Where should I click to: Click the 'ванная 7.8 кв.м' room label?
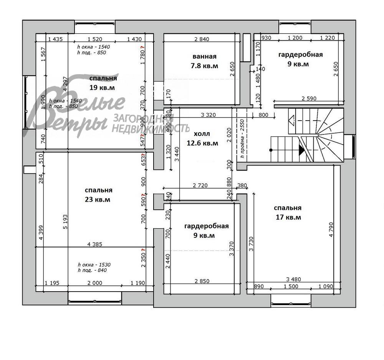(x=204, y=61)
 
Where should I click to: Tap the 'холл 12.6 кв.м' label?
(x=202, y=138)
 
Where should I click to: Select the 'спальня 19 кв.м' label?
(x=103, y=83)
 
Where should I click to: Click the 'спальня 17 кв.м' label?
(x=288, y=212)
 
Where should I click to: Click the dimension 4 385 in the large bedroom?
(x=94, y=244)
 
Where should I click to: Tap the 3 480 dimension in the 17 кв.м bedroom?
(x=293, y=279)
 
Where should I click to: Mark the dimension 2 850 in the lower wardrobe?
(x=202, y=281)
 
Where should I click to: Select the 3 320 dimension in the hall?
(x=208, y=114)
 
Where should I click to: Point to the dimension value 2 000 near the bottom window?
(x=95, y=283)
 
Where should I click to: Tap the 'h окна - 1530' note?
(x=94, y=265)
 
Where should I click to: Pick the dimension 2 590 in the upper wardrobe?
(x=309, y=98)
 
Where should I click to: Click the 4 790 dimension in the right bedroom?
(x=331, y=229)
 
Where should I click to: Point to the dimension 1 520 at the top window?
(x=95, y=39)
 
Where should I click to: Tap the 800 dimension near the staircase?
(x=263, y=114)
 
